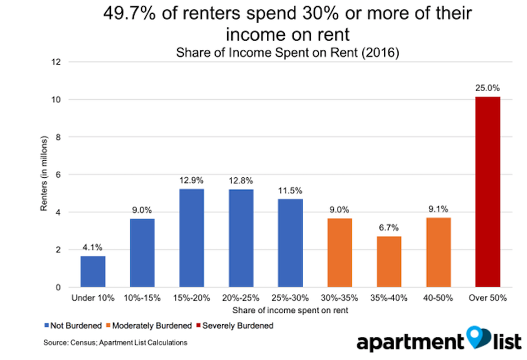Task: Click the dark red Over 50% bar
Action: (x=487, y=192)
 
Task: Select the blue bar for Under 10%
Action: (x=93, y=272)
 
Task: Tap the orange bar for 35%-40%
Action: (x=389, y=262)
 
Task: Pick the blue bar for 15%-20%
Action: (x=192, y=238)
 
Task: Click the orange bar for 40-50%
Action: (x=438, y=252)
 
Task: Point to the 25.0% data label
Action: (x=487, y=88)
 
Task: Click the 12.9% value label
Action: (x=191, y=181)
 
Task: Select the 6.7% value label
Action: (x=389, y=228)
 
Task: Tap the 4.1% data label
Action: (x=92, y=248)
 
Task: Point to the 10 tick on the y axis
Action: (x=56, y=99)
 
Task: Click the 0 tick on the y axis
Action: (x=58, y=288)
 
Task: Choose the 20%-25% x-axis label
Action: (x=240, y=298)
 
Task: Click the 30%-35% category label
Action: (x=339, y=298)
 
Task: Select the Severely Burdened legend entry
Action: (x=235, y=326)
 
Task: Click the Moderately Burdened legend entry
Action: (x=149, y=326)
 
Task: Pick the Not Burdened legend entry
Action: (x=73, y=326)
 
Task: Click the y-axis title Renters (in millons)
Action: (x=44, y=173)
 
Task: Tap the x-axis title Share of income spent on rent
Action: (x=290, y=310)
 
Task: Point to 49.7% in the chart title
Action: (x=130, y=14)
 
